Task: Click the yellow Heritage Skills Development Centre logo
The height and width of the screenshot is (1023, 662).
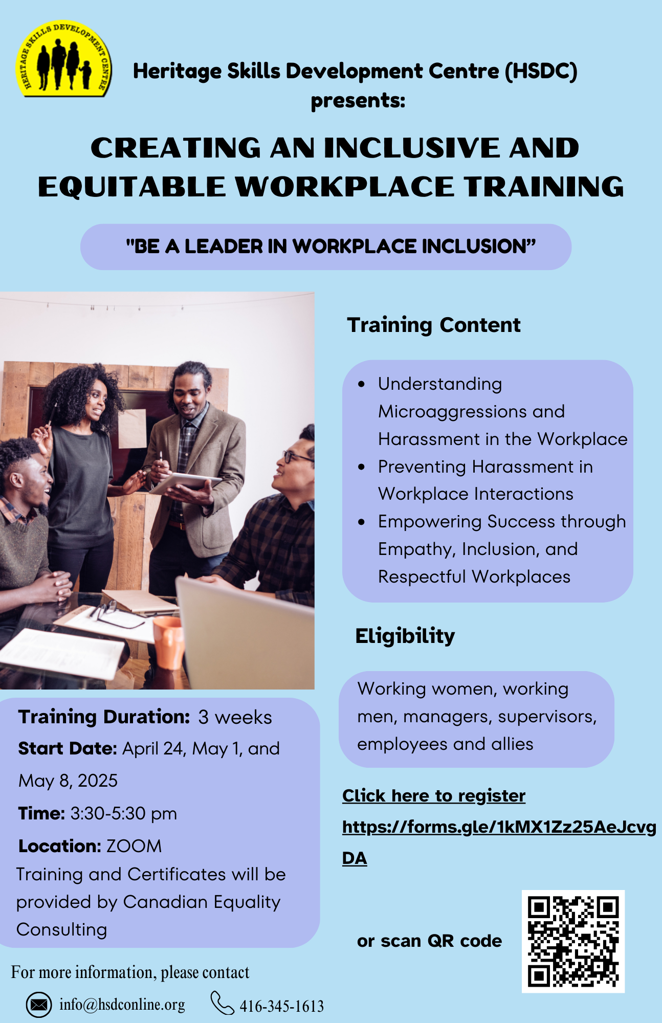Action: point(63,59)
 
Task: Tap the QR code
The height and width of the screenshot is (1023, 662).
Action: point(573,941)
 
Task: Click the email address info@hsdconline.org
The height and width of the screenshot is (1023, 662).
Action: point(122,1005)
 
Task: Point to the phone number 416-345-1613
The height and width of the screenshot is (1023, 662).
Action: point(281,1006)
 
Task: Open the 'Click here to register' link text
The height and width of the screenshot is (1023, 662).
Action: point(434,796)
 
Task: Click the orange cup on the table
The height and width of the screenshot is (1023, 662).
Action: point(168,642)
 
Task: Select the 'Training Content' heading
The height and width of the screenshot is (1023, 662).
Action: point(434,325)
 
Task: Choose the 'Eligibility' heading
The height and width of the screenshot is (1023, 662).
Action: point(405,636)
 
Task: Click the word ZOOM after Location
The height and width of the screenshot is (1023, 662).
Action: point(134,846)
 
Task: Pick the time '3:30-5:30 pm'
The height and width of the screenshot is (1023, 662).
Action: point(123,813)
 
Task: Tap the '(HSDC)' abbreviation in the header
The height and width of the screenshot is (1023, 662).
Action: point(541,71)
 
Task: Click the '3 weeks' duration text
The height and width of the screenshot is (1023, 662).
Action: point(235,717)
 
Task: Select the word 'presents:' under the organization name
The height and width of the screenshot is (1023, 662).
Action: point(358,100)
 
